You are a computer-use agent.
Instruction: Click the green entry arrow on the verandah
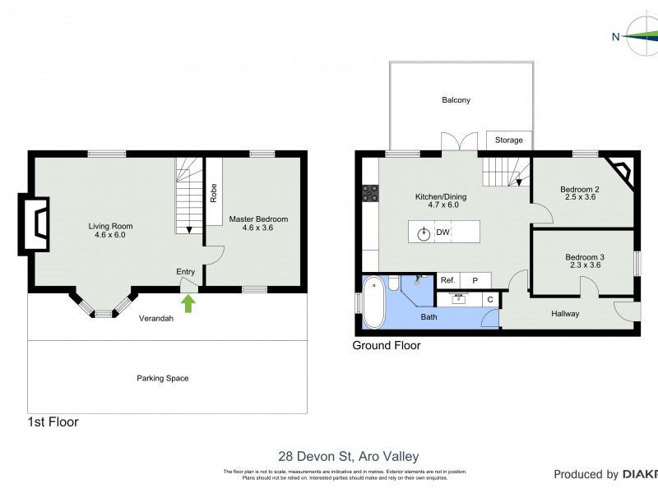(x=188, y=303)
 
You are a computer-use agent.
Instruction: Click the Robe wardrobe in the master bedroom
(x=213, y=191)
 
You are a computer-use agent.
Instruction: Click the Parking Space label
(x=162, y=378)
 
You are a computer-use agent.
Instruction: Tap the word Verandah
(x=155, y=318)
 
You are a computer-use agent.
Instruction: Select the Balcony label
(x=456, y=100)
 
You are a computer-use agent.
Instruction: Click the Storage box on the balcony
(x=508, y=141)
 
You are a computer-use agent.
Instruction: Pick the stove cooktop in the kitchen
(x=371, y=193)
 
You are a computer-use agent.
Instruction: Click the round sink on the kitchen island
(x=423, y=233)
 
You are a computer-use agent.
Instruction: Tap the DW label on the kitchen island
(x=443, y=233)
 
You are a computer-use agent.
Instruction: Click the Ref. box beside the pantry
(x=447, y=280)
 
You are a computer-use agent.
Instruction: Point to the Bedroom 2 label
(x=579, y=193)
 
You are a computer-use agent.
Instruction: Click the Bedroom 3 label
(x=584, y=261)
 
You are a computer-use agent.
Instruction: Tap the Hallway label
(x=565, y=313)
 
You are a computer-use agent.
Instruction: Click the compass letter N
(x=615, y=36)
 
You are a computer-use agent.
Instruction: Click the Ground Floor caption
(x=387, y=346)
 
